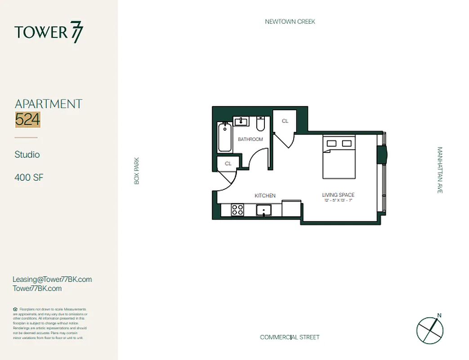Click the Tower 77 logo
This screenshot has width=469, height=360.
tap(49, 33)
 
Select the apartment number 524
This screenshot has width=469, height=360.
tap(27, 119)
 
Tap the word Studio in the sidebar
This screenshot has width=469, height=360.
tap(27, 154)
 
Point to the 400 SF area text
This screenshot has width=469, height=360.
tap(29, 177)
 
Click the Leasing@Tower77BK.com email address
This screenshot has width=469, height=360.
tap(52, 279)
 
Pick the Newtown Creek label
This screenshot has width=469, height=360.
tap(290, 22)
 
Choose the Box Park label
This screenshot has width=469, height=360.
tap(137, 171)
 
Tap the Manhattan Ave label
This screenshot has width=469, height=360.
tap(440, 170)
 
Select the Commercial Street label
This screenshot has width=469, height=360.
tap(290, 337)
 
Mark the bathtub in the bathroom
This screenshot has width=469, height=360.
tap(224, 137)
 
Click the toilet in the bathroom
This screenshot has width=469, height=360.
tap(260, 123)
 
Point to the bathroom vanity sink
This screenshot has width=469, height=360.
tap(241, 121)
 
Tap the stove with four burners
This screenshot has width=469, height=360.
tap(237, 210)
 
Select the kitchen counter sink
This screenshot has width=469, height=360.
tap(264, 210)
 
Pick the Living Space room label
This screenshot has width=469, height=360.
tap(338, 195)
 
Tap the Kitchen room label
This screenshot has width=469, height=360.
tap(265, 195)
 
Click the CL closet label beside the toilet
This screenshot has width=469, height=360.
tap(285, 121)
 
